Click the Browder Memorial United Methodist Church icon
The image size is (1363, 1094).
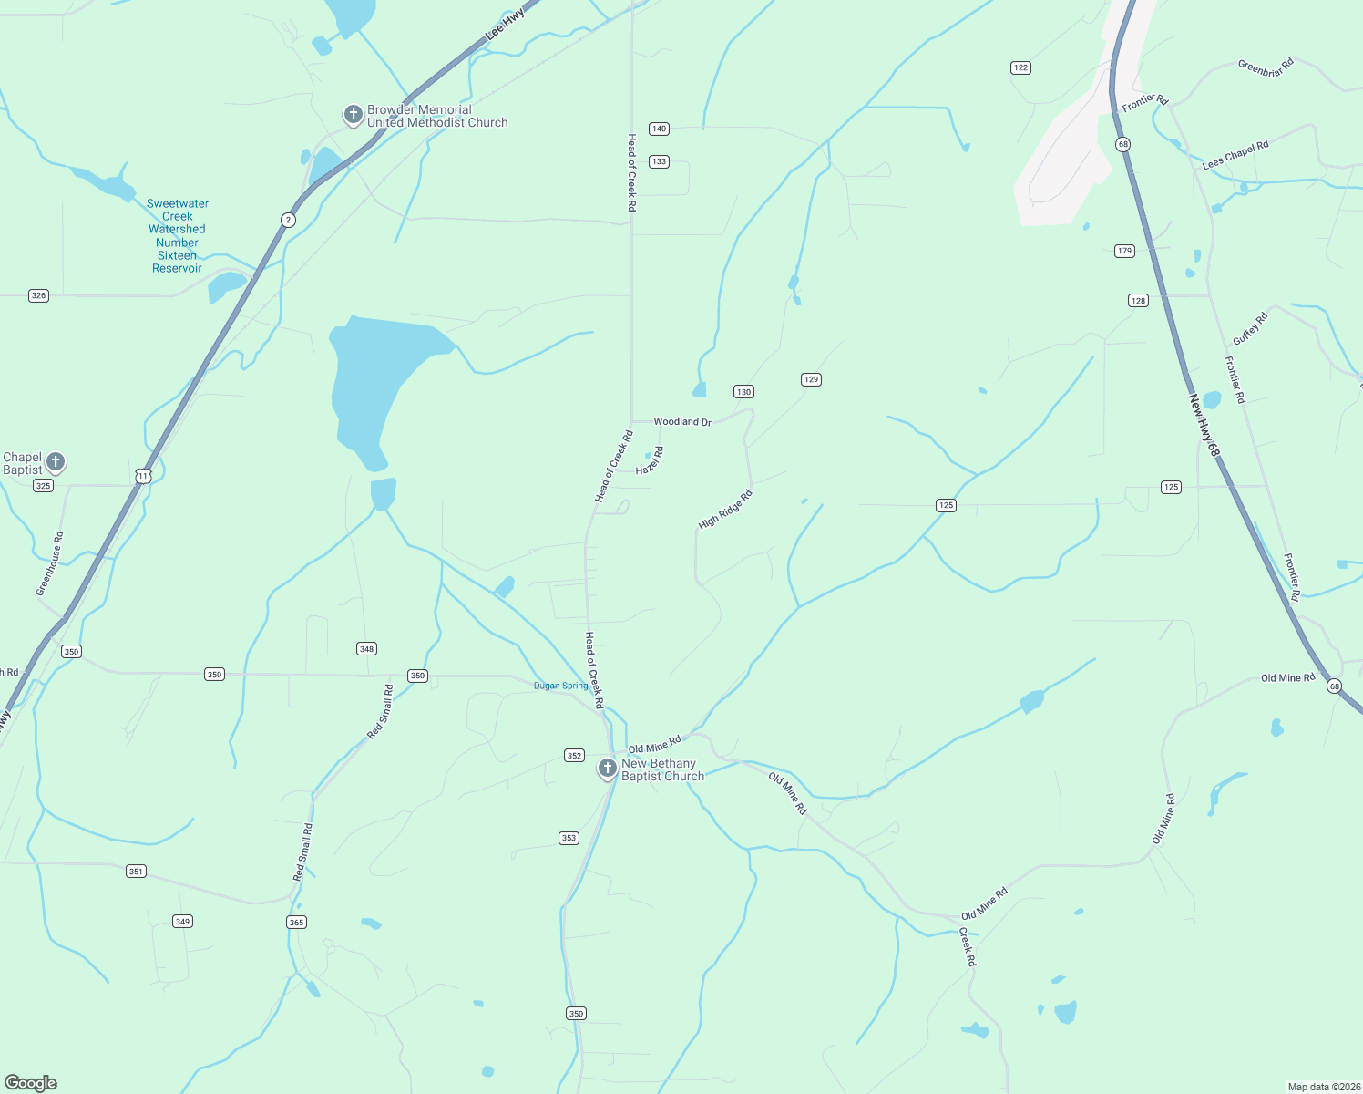(x=353, y=115)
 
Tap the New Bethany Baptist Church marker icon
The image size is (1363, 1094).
(x=607, y=769)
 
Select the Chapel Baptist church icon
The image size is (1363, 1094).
(x=56, y=462)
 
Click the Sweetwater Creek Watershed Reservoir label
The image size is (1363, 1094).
(x=177, y=236)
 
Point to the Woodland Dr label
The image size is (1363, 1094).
(x=681, y=422)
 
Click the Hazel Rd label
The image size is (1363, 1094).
(x=651, y=460)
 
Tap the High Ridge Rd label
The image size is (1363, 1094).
(x=725, y=511)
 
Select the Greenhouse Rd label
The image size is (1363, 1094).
(x=50, y=563)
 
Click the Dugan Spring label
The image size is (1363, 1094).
(x=561, y=686)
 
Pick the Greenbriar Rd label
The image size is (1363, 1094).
(x=1266, y=67)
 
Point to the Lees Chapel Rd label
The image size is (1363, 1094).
(x=1235, y=155)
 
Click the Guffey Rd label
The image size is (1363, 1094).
(x=1250, y=329)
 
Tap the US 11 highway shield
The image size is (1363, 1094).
(x=142, y=476)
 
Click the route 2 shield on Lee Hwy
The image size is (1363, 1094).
(x=288, y=220)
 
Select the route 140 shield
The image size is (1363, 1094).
(x=659, y=129)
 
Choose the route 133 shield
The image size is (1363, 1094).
(x=659, y=161)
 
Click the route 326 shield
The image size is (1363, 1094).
(x=38, y=295)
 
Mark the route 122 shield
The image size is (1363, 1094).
(x=1020, y=67)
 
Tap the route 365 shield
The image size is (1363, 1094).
(x=296, y=923)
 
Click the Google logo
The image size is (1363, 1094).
(x=31, y=1083)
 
